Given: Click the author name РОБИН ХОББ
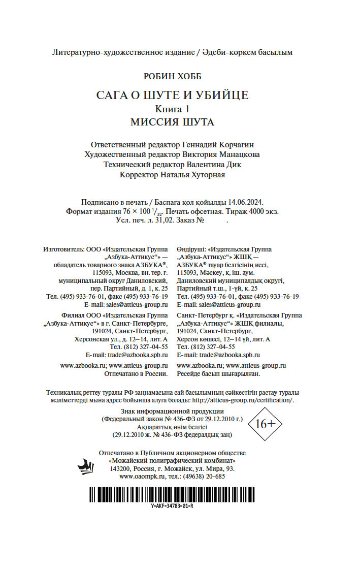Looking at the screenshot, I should [x=173, y=76].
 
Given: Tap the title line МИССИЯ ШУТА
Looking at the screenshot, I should [x=173, y=122].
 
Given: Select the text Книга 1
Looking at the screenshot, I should [x=172, y=109].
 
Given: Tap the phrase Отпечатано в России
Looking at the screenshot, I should [x=136, y=373].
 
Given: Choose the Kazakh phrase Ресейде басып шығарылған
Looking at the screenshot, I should [x=218, y=373].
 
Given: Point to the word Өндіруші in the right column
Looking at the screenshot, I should [x=191, y=249].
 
